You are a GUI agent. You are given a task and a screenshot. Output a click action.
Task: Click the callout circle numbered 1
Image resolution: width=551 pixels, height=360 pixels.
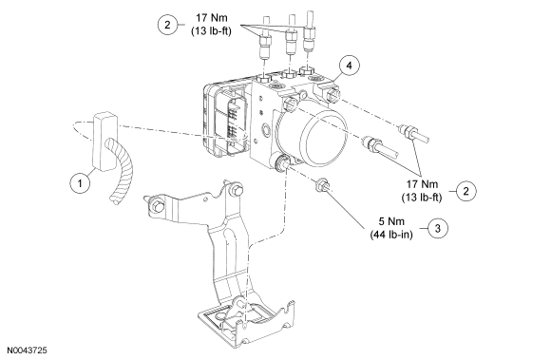pyautogui.click(x=80, y=183)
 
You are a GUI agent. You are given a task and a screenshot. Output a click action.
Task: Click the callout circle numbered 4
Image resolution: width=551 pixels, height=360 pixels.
pyautogui.click(x=349, y=66)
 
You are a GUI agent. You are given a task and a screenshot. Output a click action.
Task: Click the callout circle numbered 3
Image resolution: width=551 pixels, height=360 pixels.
pyautogui.click(x=438, y=228)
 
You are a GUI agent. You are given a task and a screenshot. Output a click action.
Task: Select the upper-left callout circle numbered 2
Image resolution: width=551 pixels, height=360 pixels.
pyautogui.click(x=167, y=25)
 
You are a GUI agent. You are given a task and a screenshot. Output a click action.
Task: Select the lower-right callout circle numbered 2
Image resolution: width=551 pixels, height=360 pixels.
pyautogui.click(x=465, y=191)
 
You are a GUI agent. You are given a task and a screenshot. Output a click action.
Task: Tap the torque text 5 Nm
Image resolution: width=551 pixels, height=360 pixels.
pyautogui.click(x=391, y=221)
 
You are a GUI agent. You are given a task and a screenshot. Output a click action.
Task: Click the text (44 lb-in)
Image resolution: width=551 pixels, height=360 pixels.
pyautogui.click(x=391, y=235)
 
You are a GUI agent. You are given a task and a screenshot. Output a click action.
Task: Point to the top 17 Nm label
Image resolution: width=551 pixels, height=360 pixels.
pyautogui.click(x=212, y=17)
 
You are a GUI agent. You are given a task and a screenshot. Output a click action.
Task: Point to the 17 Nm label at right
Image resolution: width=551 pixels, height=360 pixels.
pyautogui.click(x=422, y=184)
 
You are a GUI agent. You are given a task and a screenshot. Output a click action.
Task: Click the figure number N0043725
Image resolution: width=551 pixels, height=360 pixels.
pyautogui.click(x=27, y=351)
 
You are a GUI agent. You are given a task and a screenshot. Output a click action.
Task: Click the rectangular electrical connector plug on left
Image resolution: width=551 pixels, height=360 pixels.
pyautogui.click(x=104, y=142)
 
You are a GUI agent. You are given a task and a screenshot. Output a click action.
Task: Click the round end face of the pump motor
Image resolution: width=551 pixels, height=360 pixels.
pyautogui.click(x=324, y=137)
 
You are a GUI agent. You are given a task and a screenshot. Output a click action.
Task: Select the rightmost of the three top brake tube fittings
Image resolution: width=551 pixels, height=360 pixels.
pyautogui.click(x=310, y=31)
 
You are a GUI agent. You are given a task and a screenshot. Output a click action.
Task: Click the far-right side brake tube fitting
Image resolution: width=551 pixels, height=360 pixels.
pyautogui.click(x=413, y=134)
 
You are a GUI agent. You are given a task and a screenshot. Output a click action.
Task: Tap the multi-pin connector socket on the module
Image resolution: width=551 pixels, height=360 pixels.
pyautogui.click(x=233, y=122)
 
